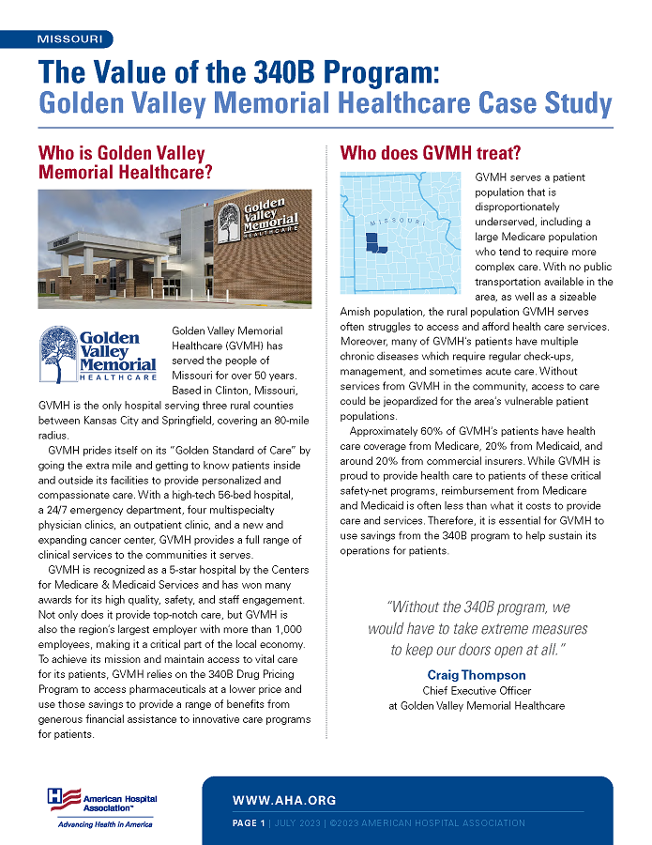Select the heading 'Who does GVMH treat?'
(x=430, y=152)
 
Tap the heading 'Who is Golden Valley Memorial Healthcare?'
(x=126, y=162)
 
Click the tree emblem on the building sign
(x=228, y=222)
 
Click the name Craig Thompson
(x=477, y=675)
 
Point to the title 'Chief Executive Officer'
(x=477, y=691)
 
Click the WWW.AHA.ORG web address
(x=284, y=800)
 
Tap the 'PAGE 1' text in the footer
(x=249, y=823)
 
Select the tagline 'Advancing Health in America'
(x=105, y=824)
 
